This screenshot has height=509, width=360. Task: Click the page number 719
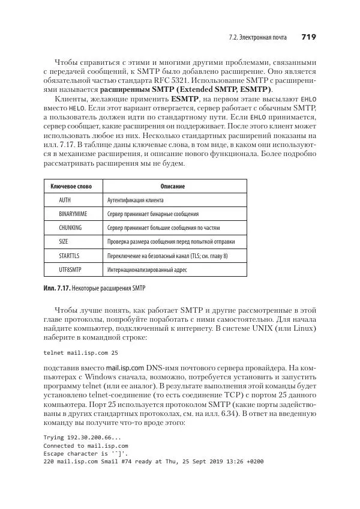coord(308,37)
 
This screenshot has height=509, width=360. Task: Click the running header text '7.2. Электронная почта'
coord(259,38)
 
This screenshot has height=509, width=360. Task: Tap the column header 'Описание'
coord(173,187)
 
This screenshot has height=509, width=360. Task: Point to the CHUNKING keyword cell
coord(70,228)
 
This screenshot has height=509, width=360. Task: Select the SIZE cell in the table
coord(64,242)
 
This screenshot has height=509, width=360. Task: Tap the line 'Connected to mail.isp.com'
coord(85,446)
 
